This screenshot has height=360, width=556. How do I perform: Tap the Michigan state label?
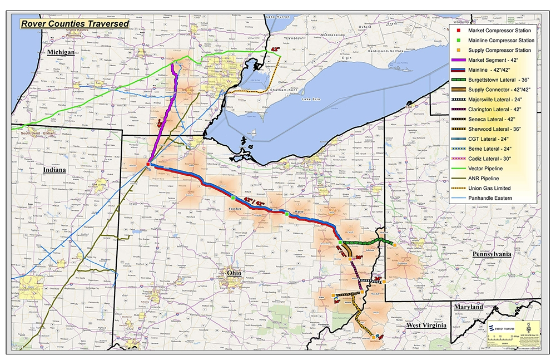pos(61,52)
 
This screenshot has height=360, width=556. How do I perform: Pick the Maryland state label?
pos(468,307)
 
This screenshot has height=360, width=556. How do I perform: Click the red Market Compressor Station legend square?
pos(457,31)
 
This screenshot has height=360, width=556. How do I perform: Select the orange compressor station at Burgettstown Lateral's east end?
pos(395,244)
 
